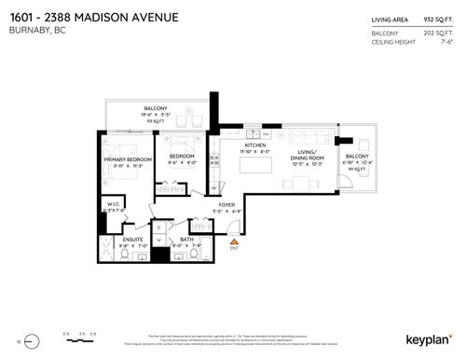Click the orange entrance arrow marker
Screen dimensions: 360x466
[x=234, y=244]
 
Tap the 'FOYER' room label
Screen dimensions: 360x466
[x=226, y=204]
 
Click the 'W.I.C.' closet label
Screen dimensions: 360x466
[x=115, y=205]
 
